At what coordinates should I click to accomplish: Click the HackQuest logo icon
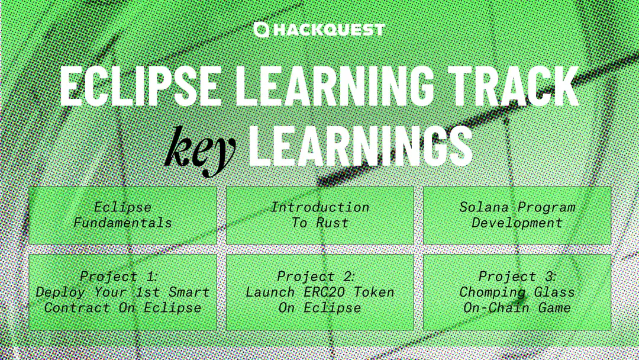click(x=262, y=30)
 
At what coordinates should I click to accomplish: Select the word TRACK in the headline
click(x=514, y=85)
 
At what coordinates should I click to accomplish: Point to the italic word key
click(x=201, y=150)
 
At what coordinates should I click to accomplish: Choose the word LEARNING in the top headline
click(x=334, y=85)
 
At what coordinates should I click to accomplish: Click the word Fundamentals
click(x=122, y=223)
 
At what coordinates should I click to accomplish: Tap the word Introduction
click(x=320, y=207)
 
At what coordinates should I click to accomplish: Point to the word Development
click(x=517, y=223)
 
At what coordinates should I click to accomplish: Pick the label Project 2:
click(x=316, y=277)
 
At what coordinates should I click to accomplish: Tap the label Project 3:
click(x=517, y=277)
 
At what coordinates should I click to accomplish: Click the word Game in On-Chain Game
click(x=554, y=308)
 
